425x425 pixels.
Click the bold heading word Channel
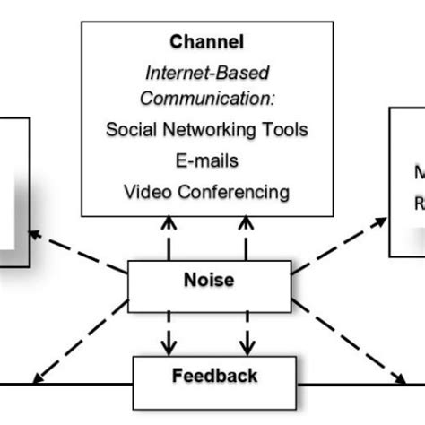point(207,41)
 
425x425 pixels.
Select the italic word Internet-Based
point(207,71)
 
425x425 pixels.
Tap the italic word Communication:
point(207,98)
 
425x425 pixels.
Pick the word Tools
point(286,130)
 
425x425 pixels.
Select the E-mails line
point(207,160)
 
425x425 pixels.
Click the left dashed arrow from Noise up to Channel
point(168,239)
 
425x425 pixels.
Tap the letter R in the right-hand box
point(418,203)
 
